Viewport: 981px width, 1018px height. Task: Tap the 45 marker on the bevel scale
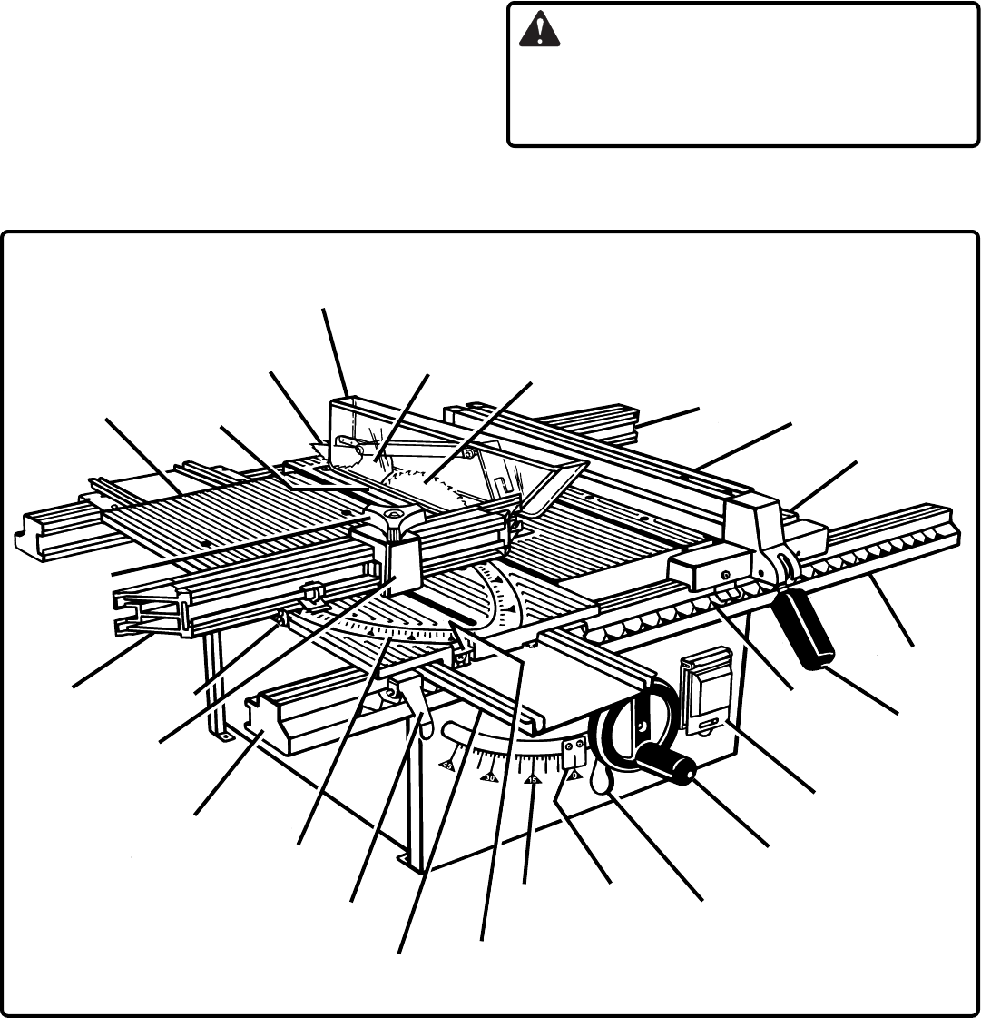coord(447,766)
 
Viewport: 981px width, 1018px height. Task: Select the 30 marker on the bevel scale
coord(490,777)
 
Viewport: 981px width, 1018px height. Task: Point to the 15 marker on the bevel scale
coord(533,780)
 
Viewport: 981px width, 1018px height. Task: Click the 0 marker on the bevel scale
coord(574,775)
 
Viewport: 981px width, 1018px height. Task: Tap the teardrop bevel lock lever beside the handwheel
coord(602,778)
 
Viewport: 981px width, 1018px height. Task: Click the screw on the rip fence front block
coord(726,574)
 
